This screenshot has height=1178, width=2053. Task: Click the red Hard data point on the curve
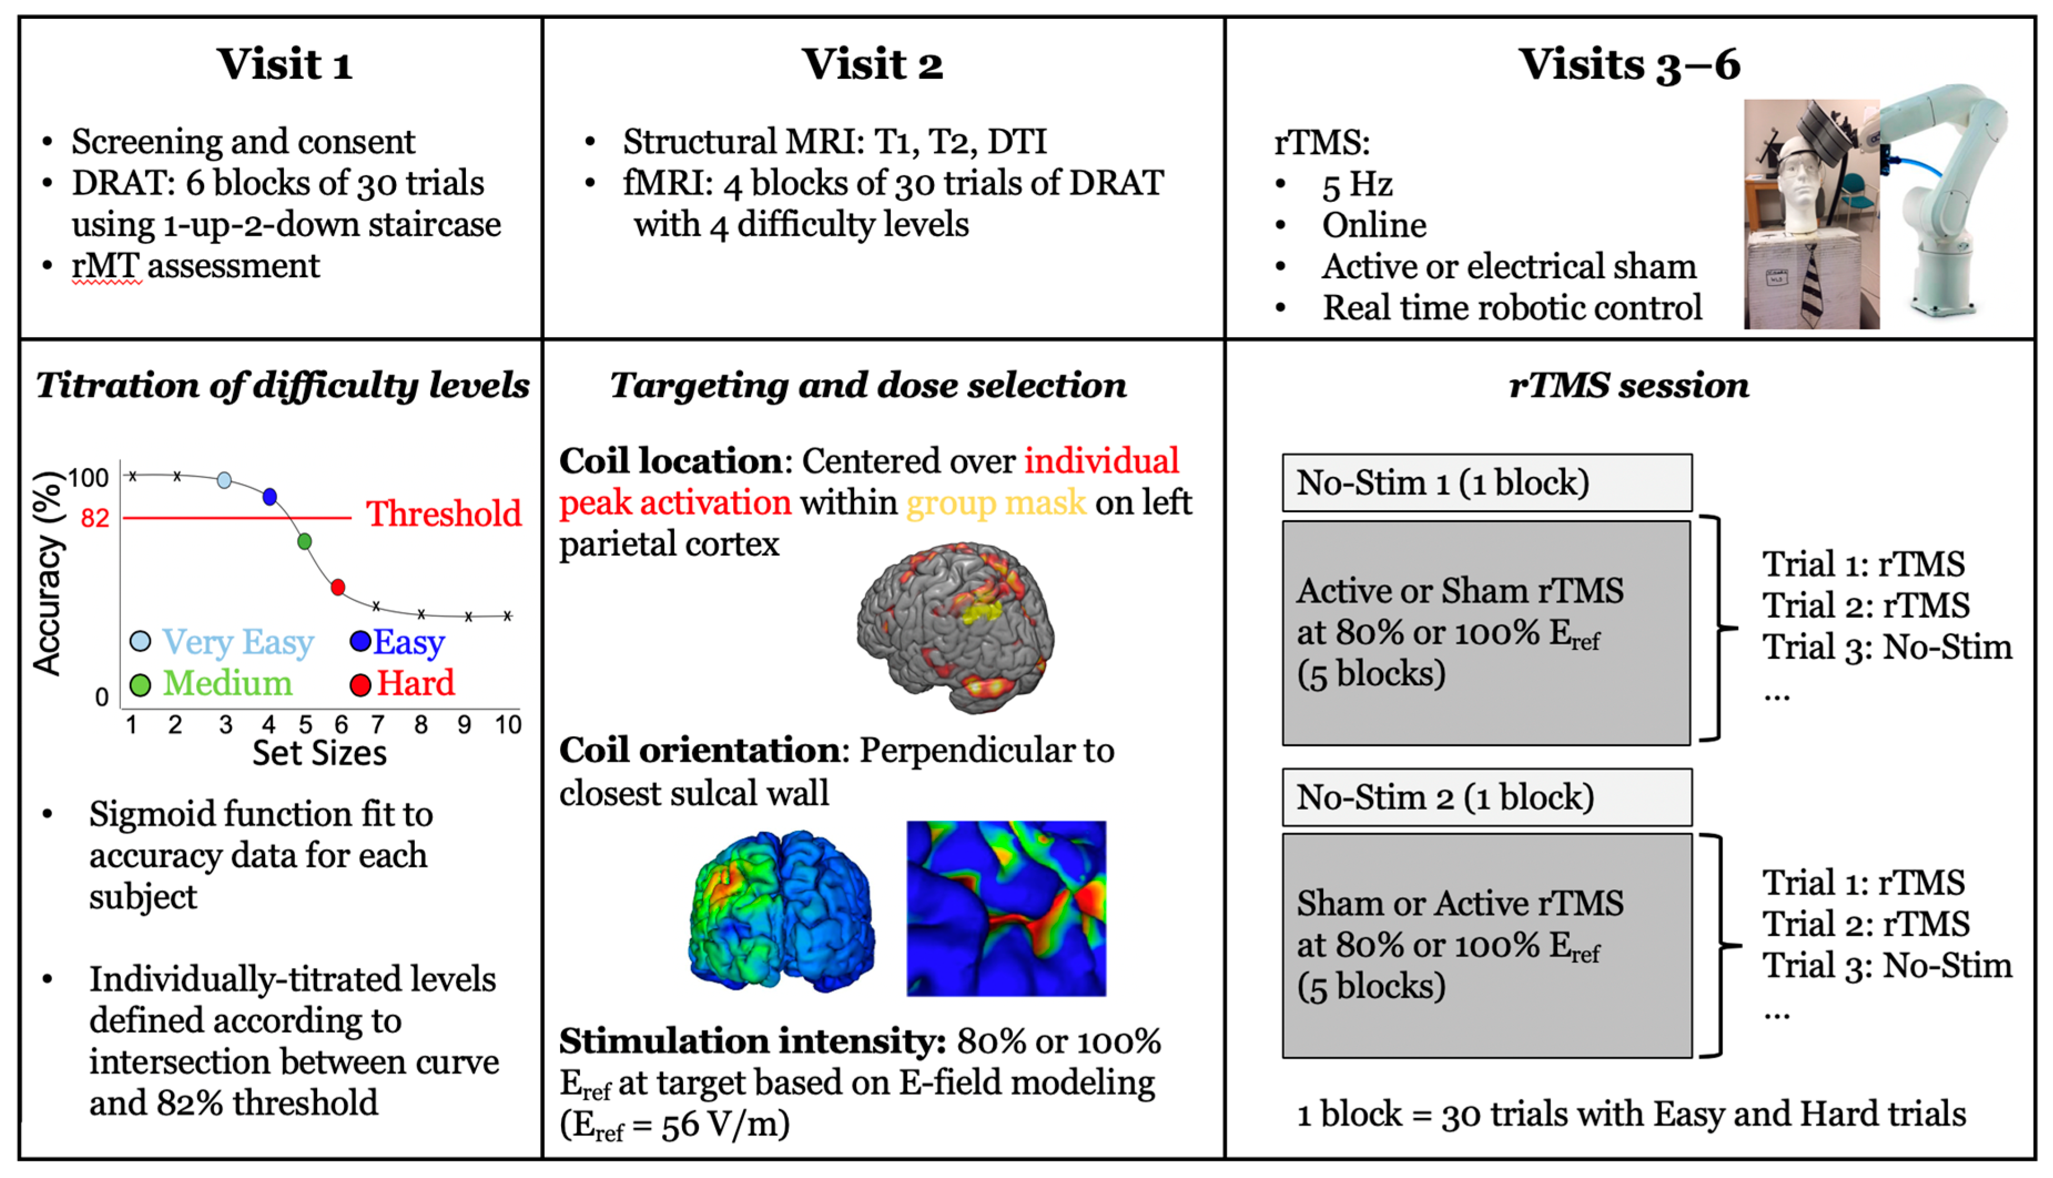tap(338, 587)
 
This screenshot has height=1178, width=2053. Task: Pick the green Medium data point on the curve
tap(304, 541)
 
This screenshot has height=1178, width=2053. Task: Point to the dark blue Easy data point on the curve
tap(270, 497)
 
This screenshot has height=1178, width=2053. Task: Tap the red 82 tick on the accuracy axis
tap(95, 518)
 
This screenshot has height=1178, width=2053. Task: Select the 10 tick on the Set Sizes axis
tap(507, 724)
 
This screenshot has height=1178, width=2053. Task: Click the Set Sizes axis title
tap(319, 753)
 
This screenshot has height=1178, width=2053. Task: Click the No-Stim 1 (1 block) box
tap(1486, 483)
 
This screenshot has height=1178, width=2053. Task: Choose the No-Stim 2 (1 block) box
tap(1486, 798)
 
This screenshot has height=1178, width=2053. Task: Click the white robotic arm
tap(1950, 194)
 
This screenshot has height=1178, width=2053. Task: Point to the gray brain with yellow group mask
tap(955, 627)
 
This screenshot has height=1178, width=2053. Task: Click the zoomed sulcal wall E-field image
tap(1006, 908)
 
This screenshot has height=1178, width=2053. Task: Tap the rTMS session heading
tap(1628, 385)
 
